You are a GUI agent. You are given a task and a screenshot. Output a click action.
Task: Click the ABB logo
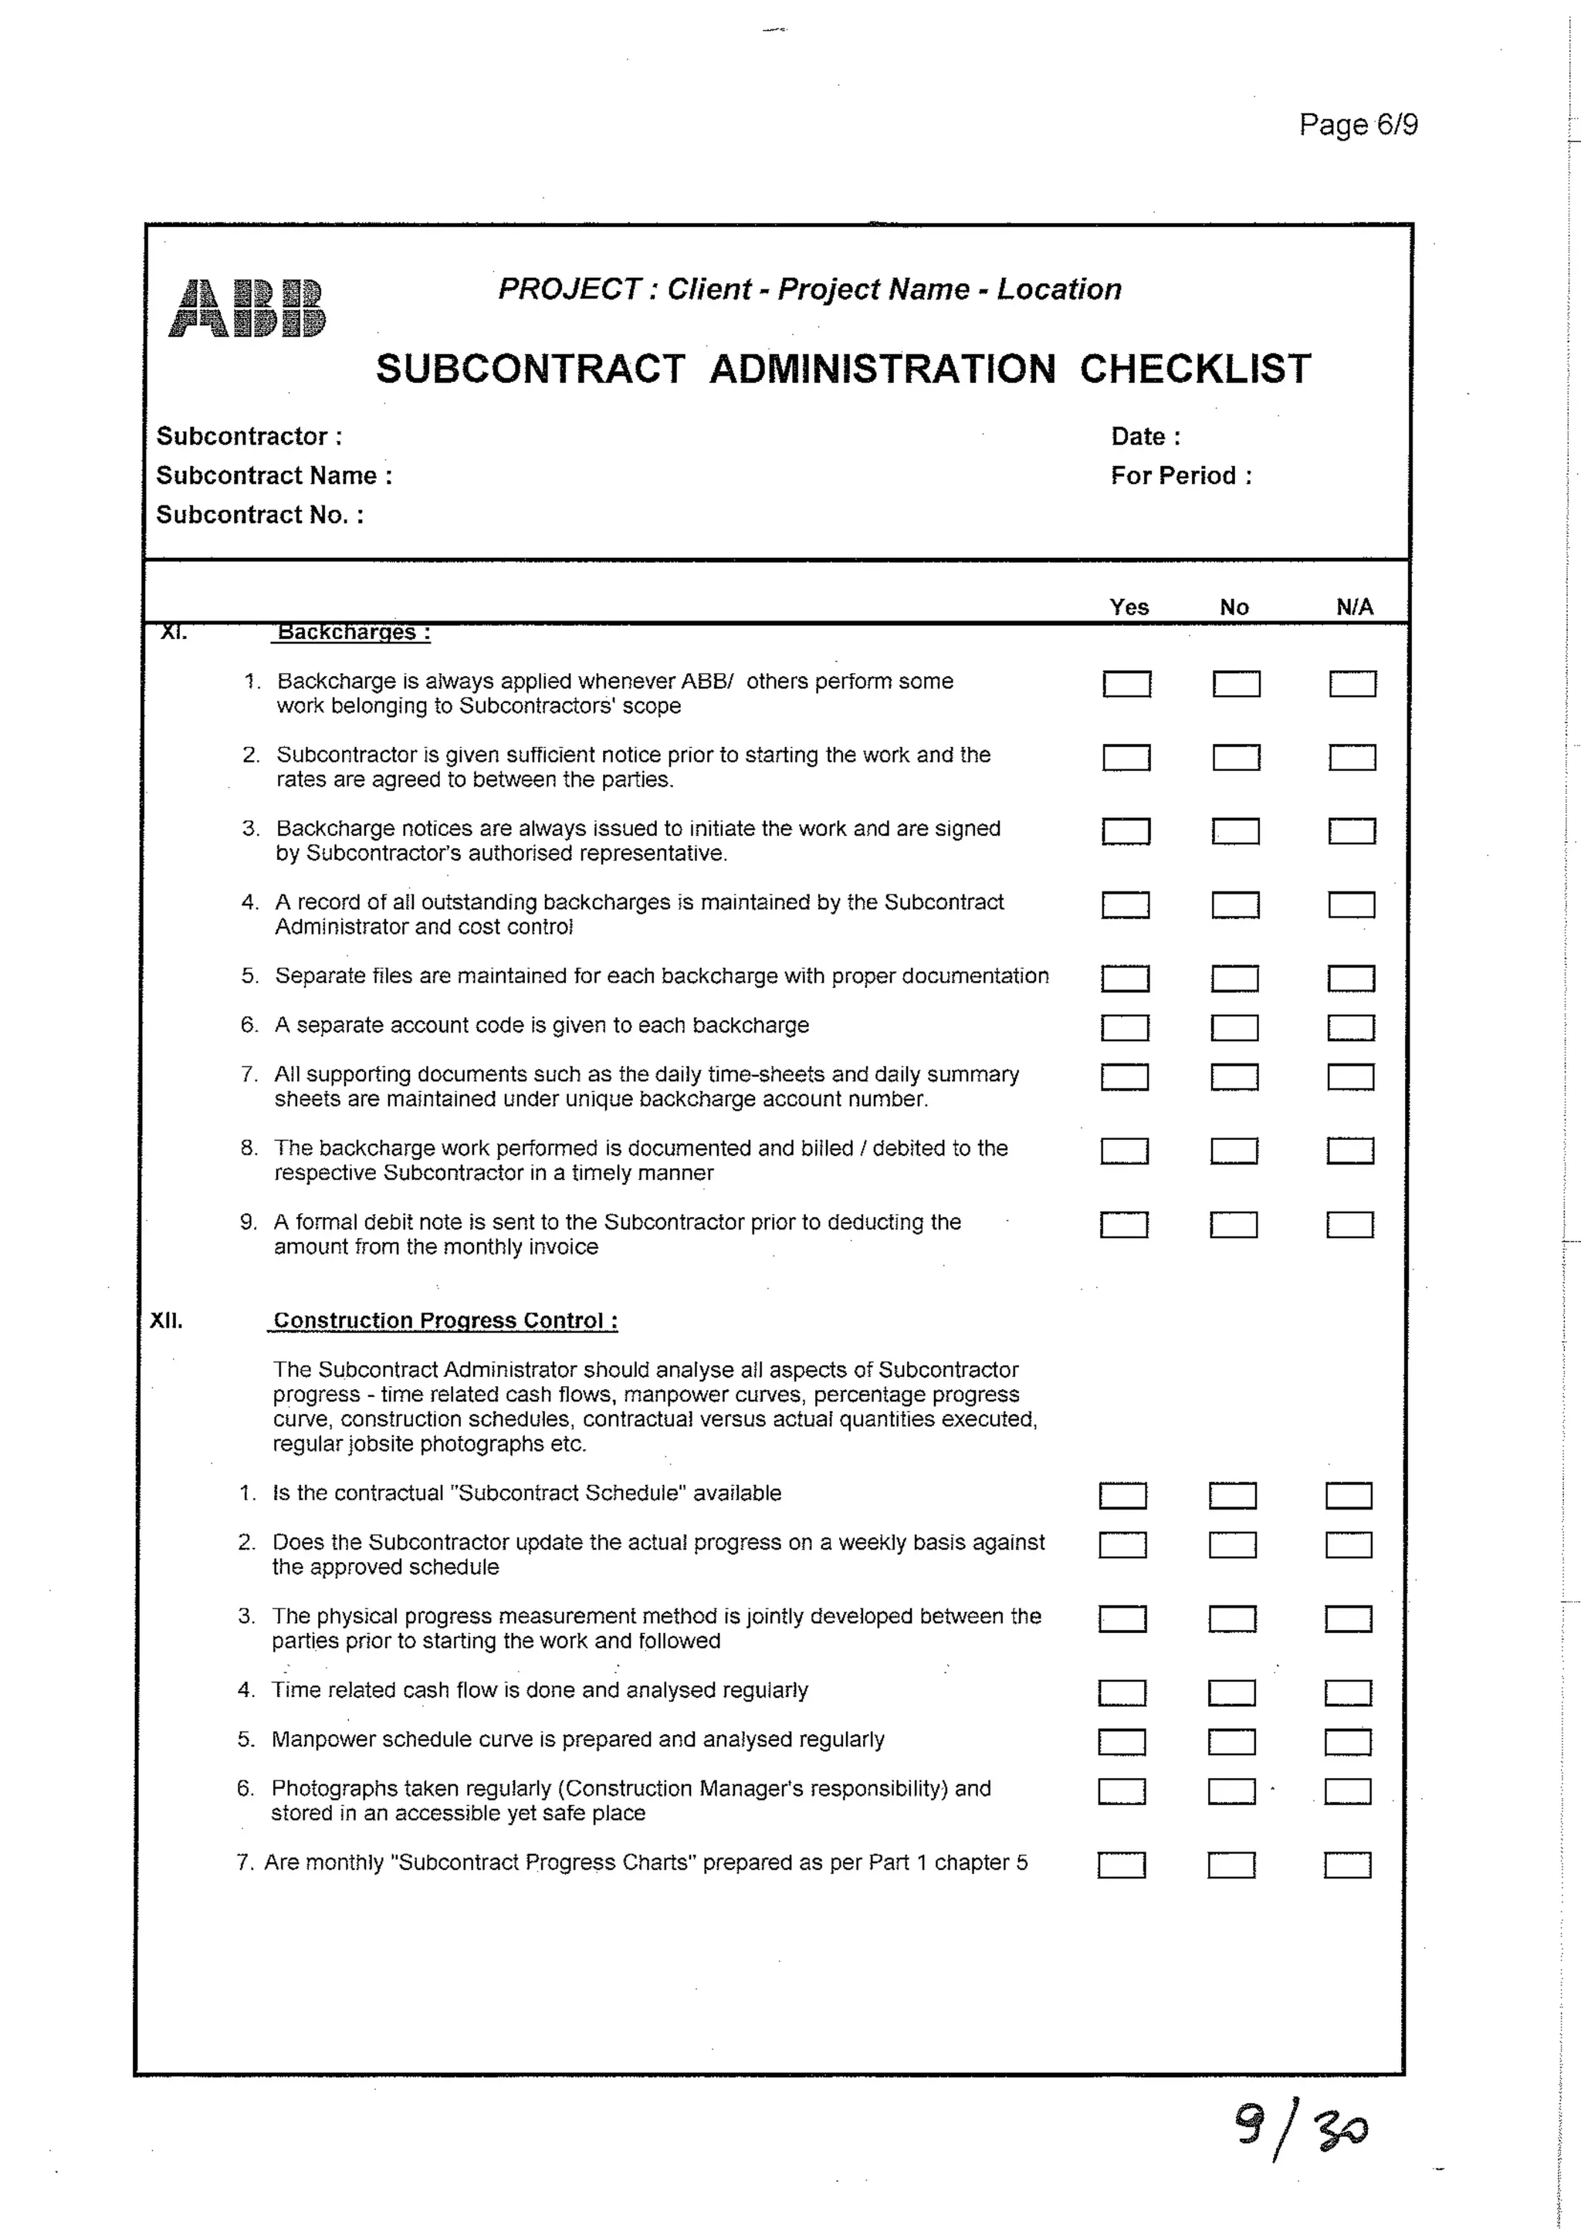click(x=247, y=308)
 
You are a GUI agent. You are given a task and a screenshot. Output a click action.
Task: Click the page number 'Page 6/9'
click(x=1358, y=124)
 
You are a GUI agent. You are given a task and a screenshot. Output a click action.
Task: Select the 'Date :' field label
click(x=1145, y=436)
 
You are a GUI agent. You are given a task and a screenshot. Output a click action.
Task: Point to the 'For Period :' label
click(x=1181, y=475)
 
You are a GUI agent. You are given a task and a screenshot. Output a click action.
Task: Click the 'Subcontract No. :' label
click(x=260, y=515)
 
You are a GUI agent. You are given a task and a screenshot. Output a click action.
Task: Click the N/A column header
click(x=1354, y=607)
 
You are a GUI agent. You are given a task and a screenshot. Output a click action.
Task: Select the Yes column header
click(x=1129, y=607)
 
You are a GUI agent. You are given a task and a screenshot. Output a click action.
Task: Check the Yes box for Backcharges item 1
click(x=1126, y=685)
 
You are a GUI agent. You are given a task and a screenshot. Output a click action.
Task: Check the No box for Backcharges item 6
click(x=1234, y=1028)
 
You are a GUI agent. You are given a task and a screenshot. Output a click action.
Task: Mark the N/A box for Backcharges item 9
click(x=1349, y=1225)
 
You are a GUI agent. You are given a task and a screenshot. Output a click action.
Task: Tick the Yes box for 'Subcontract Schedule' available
click(x=1122, y=1495)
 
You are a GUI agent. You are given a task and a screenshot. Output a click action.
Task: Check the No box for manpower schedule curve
click(x=1231, y=1742)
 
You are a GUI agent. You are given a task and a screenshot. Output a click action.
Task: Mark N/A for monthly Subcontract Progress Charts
click(x=1347, y=1865)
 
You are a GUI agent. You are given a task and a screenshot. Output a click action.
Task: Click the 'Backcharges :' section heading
click(x=353, y=633)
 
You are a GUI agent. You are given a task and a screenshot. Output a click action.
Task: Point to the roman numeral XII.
click(x=167, y=1321)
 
